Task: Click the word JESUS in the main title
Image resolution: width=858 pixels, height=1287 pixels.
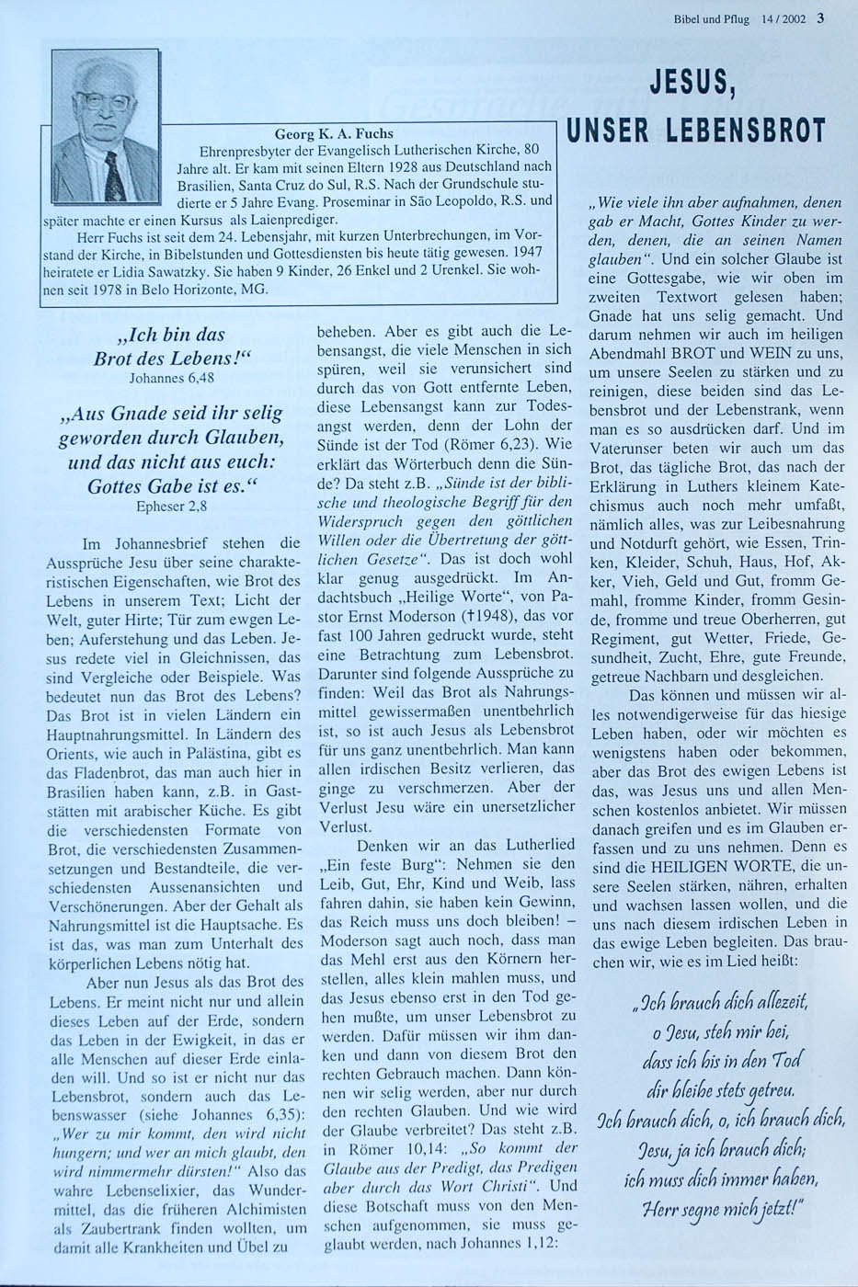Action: [697, 85]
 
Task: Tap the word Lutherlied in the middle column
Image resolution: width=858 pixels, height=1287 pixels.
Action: [533, 844]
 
